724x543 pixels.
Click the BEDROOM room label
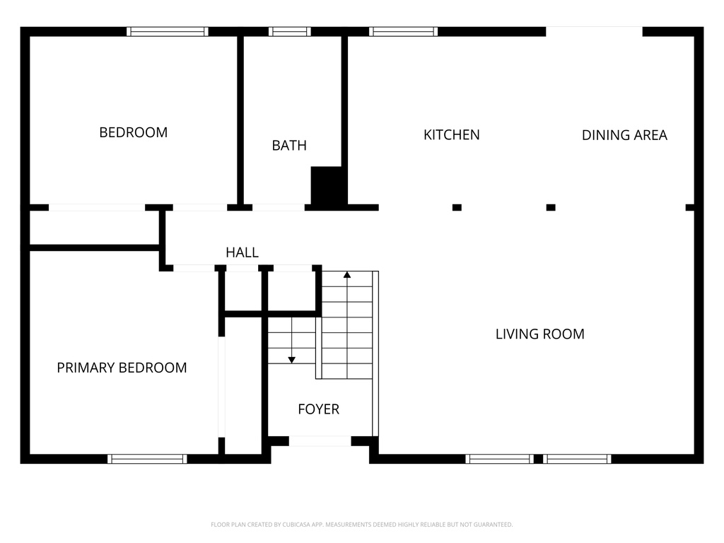(x=134, y=132)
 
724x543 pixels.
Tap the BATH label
(x=289, y=146)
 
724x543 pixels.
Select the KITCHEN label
(x=452, y=135)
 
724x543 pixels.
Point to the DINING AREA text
(x=624, y=135)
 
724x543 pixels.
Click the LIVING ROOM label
(x=539, y=334)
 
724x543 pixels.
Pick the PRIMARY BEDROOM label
(x=122, y=368)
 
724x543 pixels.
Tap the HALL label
(x=242, y=252)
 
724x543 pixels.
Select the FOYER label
(x=319, y=409)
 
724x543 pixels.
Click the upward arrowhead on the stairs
(x=347, y=275)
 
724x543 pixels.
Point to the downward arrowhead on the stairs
(x=292, y=360)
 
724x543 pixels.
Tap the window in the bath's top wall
(x=289, y=31)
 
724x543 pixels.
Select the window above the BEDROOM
(x=167, y=31)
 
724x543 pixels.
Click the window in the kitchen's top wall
(x=403, y=31)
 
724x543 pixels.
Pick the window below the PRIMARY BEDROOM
(x=147, y=459)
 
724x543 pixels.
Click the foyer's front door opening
(x=320, y=441)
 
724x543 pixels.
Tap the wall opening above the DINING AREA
(x=594, y=31)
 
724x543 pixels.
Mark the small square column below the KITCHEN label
(x=457, y=207)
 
